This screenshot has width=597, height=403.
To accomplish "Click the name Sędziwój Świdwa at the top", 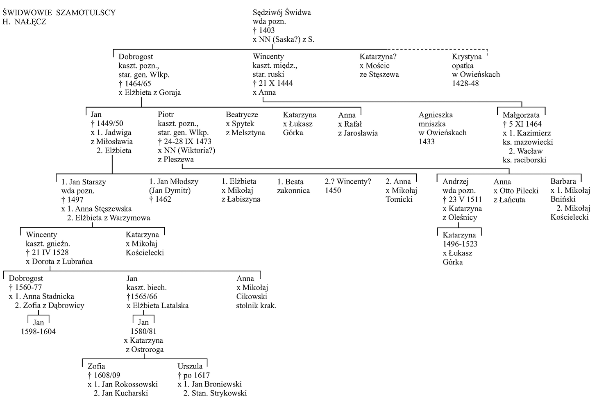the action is pyautogui.click(x=282, y=13).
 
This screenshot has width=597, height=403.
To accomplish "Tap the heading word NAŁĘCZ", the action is pyautogui.click(x=30, y=22).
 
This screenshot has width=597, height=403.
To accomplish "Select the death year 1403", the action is pyautogui.click(x=267, y=30).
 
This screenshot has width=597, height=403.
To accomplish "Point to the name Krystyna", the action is pyautogui.click(x=467, y=57).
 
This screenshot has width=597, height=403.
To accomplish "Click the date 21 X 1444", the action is pyautogui.click(x=276, y=83).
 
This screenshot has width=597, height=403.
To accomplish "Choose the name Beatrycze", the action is pyautogui.click(x=242, y=115).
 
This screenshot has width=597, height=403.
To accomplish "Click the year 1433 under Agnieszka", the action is pyautogui.click(x=427, y=141).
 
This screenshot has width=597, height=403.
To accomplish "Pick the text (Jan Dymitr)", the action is pyautogui.click(x=170, y=191).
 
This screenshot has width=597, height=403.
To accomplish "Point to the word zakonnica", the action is pyautogui.click(x=293, y=191).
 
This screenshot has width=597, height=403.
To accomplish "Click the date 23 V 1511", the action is pyautogui.click(x=465, y=200).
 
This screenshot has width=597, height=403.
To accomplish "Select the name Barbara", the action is pyautogui.click(x=563, y=181).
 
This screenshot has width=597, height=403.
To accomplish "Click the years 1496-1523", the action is pyautogui.click(x=460, y=244).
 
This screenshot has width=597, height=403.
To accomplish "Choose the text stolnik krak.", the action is pyautogui.click(x=256, y=306).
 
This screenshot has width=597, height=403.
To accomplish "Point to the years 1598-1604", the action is pyautogui.click(x=39, y=332).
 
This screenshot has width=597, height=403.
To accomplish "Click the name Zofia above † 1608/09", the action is pyautogui.click(x=96, y=366).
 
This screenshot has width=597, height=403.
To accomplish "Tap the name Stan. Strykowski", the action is pyautogui.click(x=219, y=393).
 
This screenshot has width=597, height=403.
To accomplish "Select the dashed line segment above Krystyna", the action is pyautogui.click(x=437, y=49).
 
